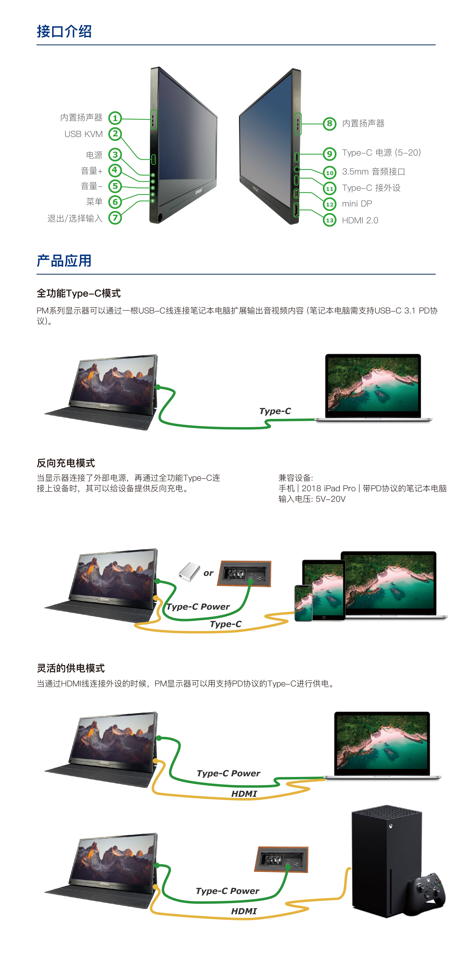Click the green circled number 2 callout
(x=115, y=134)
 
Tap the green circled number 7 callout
(x=115, y=217)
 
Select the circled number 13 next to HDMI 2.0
(x=329, y=220)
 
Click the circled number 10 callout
(x=329, y=173)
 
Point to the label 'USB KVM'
(x=83, y=134)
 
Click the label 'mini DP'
(x=357, y=204)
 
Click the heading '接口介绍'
(x=64, y=32)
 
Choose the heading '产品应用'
(x=64, y=261)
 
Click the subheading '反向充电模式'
(x=66, y=463)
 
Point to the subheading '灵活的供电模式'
(x=71, y=668)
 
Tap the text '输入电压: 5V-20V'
(x=312, y=499)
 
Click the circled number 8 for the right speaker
(x=329, y=123)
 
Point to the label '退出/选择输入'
(x=75, y=218)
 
